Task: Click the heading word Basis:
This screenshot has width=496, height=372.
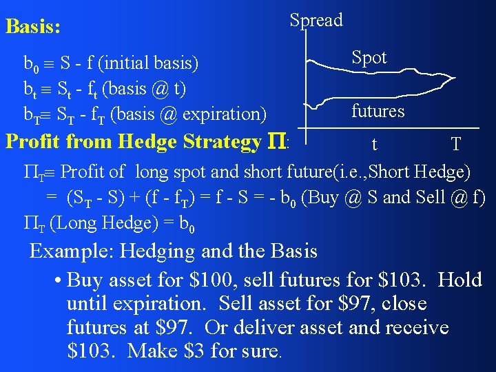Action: [32, 28]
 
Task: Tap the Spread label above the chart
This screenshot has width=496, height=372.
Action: [316, 20]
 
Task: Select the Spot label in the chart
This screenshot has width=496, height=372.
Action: [369, 57]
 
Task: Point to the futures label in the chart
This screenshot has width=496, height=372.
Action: [378, 110]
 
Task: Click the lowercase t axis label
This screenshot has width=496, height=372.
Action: [374, 145]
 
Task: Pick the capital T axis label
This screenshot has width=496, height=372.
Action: [455, 145]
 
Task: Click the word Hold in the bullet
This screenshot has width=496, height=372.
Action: [460, 280]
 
